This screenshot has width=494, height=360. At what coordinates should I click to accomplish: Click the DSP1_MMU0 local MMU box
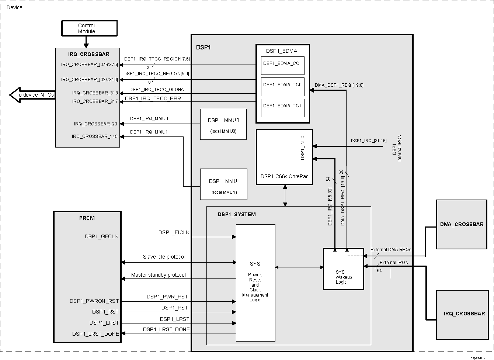[x=223, y=124]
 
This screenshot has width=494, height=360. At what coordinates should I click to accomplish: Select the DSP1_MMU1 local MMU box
[x=223, y=184]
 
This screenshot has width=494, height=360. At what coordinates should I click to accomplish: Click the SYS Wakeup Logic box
[x=343, y=269]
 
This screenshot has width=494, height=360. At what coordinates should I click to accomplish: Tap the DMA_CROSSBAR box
[x=462, y=224]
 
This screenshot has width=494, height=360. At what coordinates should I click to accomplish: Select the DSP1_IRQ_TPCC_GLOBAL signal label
[x=158, y=90]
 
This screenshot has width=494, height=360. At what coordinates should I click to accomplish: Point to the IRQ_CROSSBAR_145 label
[x=95, y=136]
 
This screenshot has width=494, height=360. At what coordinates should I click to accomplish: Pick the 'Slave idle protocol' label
[x=164, y=257]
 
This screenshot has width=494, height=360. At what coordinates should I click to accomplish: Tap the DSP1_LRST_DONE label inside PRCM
[x=95, y=334]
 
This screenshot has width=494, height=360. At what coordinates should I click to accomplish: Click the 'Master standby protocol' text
[x=159, y=275]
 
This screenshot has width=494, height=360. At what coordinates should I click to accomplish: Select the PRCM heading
[x=87, y=218]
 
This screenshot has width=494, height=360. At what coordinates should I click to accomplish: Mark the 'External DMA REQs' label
[x=391, y=250]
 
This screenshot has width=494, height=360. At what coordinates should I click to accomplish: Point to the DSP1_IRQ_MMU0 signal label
[x=149, y=119]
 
